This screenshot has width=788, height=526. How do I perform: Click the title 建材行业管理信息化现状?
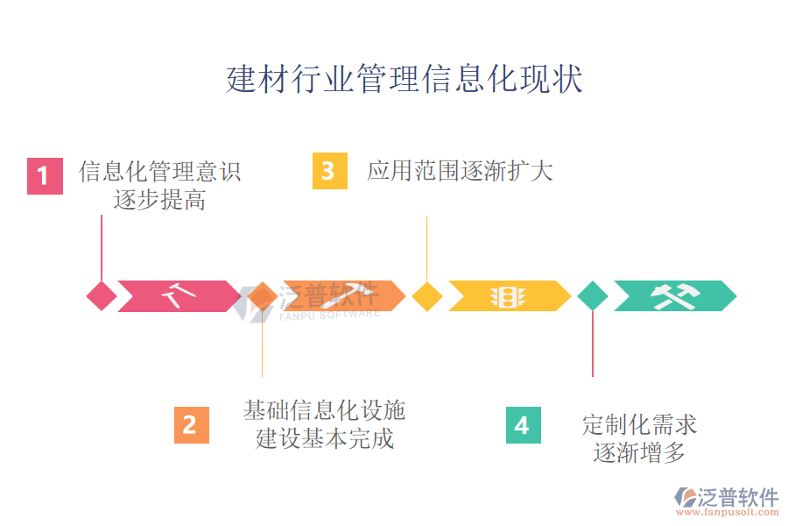[x=405, y=79]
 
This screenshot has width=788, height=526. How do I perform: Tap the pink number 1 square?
[x=45, y=176]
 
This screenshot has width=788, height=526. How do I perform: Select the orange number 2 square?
[x=191, y=425]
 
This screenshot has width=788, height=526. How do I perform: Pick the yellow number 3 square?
[x=329, y=171]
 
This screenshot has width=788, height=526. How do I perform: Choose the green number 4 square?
[x=523, y=425]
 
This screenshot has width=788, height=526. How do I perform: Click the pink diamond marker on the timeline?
[x=102, y=296]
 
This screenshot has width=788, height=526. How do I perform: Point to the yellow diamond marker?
[x=426, y=296]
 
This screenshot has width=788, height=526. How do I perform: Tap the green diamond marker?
[x=593, y=296]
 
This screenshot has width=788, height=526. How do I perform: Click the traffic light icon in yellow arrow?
[x=506, y=296]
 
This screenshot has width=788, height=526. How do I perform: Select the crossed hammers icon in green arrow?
[x=673, y=296]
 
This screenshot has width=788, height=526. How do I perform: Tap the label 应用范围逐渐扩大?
[x=460, y=171]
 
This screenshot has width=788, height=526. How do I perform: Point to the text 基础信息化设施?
[x=324, y=410]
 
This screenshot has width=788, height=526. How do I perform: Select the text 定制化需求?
[x=640, y=425]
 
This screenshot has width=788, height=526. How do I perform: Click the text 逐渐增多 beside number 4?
[x=640, y=453]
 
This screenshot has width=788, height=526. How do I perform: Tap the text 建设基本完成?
[x=324, y=438]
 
